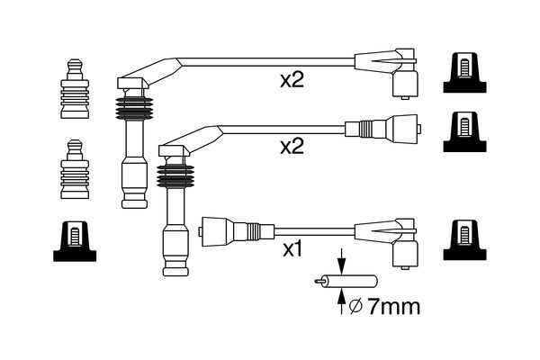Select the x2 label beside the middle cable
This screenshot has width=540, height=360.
pos(292,146)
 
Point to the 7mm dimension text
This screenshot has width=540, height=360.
pos(394,307)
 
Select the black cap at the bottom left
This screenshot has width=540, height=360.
pos(74,239)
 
